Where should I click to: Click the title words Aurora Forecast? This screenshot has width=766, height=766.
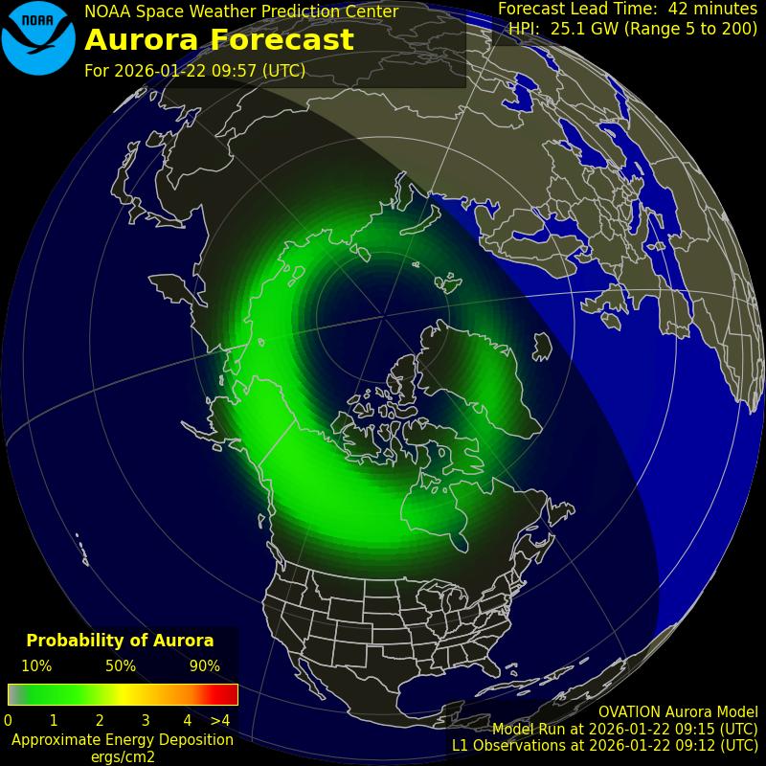[x=219, y=40]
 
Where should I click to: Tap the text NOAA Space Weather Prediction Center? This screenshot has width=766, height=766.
[x=241, y=11]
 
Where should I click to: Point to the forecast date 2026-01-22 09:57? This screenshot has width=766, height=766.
[x=209, y=71]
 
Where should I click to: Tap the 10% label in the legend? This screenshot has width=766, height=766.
[x=36, y=666]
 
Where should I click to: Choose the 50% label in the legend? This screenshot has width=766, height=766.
[x=121, y=666]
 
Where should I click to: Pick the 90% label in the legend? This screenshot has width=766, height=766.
[x=205, y=666]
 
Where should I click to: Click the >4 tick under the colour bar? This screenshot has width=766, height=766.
[x=220, y=720]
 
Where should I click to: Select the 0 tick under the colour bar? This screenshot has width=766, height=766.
[x=8, y=720]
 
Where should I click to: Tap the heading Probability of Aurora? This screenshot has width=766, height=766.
[x=120, y=641]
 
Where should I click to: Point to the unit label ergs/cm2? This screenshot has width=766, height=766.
[x=122, y=756]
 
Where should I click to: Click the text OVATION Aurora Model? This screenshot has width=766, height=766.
[x=678, y=712]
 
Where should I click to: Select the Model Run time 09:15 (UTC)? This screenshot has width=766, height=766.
[x=709, y=729]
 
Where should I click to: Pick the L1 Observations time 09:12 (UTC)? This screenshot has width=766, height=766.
[x=709, y=745]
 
